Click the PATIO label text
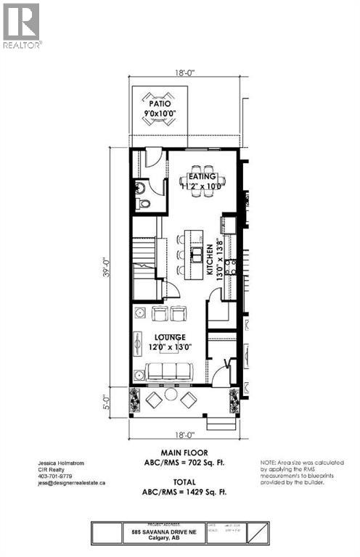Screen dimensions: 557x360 [160, 102]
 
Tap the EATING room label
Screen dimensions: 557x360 [202, 175]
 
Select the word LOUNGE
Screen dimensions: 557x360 [170, 337]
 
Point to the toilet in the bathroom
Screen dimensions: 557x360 [144, 204]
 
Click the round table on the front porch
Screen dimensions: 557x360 [171, 394]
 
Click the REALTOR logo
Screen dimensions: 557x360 [22, 25]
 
